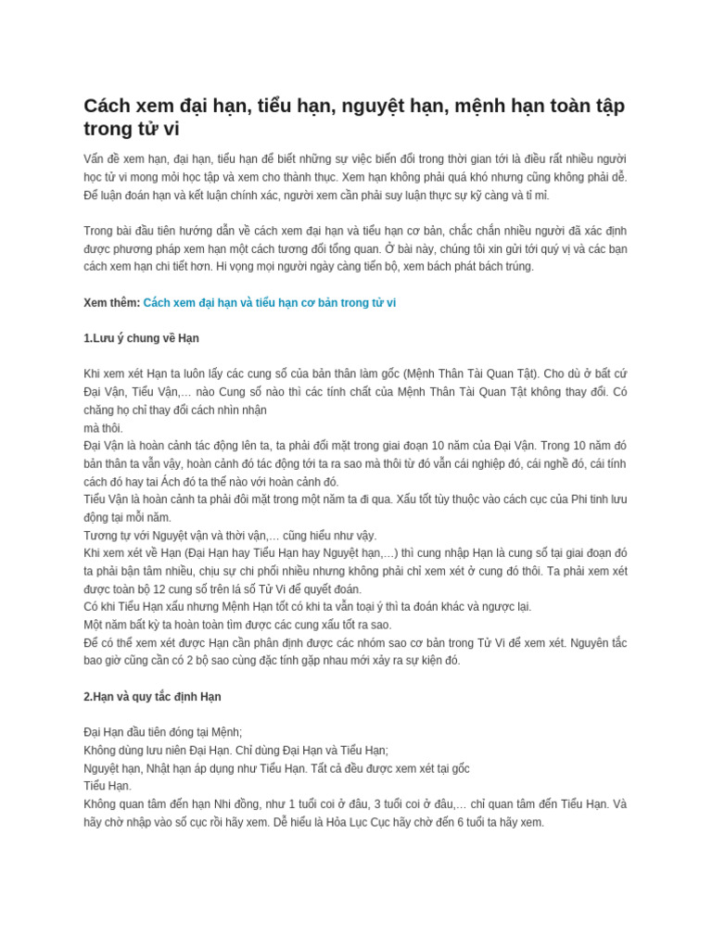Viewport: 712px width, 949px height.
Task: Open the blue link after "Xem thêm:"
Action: [270, 303]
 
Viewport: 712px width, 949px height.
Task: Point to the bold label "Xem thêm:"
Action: [111, 303]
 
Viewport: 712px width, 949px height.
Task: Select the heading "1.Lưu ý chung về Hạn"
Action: [141, 338]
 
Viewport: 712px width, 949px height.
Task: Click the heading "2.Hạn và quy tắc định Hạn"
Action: [152, 697]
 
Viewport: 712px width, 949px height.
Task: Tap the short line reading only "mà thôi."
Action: [103, 428]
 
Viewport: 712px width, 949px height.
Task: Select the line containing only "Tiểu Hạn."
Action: [108, 786]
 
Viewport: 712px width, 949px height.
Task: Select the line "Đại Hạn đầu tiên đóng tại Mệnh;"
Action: [162, 732]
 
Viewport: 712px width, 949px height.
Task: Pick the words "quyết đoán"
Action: [334, 589]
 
